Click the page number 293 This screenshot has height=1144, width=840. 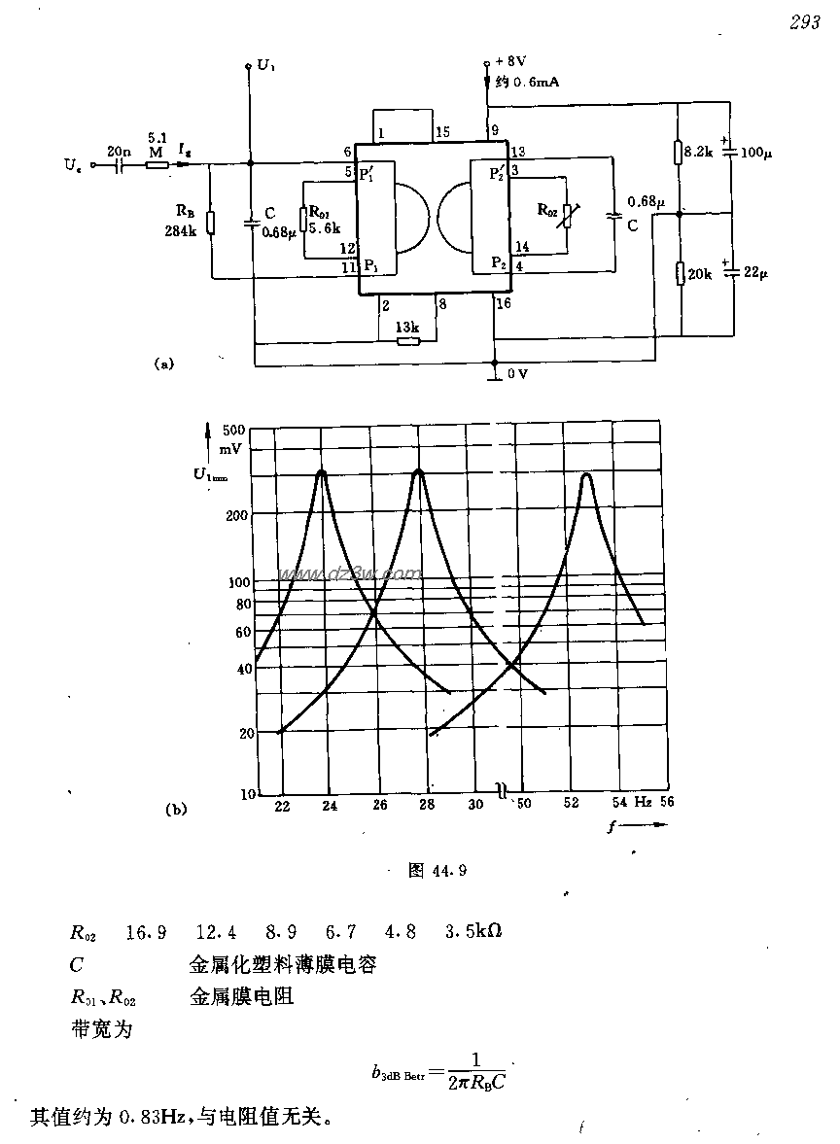(804, 23)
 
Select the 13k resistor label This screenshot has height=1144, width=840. (407, 327)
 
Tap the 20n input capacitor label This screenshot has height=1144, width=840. (120, 152)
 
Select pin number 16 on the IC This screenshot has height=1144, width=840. (503, 304)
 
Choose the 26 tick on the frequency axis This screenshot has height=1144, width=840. (379, 805)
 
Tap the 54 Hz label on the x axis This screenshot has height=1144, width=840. (630, 804)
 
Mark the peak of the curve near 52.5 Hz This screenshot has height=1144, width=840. (586, 475)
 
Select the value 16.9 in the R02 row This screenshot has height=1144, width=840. (146, 932)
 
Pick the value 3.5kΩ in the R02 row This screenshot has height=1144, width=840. (473, 932)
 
